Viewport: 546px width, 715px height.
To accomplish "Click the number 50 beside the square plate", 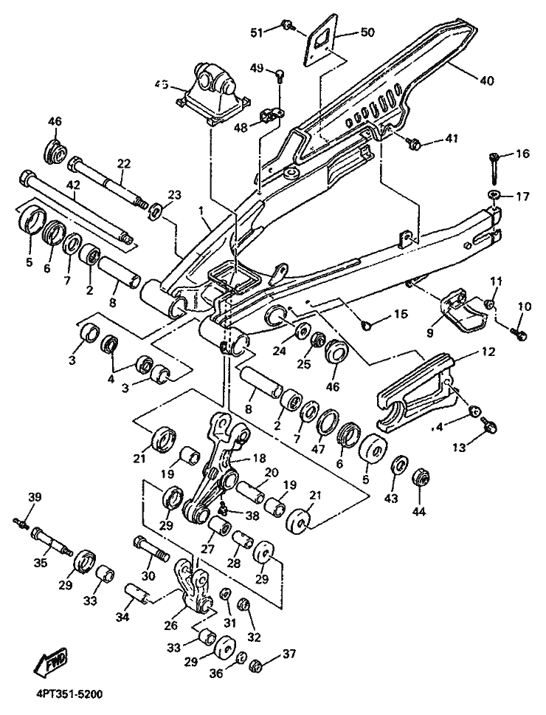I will [x=367, y=32].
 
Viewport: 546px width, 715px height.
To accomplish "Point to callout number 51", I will [x=256, y=32].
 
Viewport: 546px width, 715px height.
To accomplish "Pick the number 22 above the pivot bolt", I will [x=123, y=163].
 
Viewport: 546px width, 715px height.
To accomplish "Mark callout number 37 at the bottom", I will [x=289, y=654].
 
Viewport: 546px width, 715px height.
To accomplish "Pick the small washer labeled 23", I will [x=155, y=213].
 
